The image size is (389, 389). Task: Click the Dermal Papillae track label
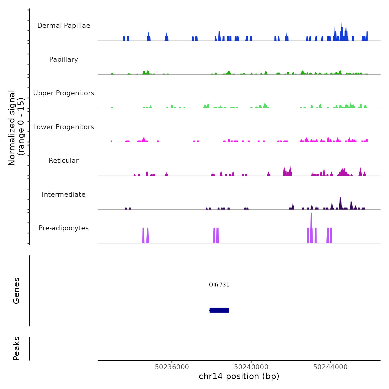pos(64,26)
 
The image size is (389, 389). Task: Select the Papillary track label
pos(64,59)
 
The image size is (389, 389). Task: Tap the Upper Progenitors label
pos(64,93)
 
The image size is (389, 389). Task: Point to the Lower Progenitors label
pos(64,127)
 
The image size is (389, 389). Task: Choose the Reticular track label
pos(64,161)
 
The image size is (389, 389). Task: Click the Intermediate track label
pos(64,194)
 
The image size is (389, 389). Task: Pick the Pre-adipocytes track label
pos(64,228)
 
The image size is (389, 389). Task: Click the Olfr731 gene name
pos(219,285)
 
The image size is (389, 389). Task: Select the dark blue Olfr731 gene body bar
pos(219,310)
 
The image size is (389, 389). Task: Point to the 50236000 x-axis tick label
pos(172,367)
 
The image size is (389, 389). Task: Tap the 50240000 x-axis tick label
pos(251,367)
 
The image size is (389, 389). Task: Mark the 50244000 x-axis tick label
pos(330,367)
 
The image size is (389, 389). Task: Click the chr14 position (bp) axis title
pos(239,376)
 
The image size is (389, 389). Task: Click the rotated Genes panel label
pos(16,291)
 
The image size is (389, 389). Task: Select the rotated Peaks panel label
pos(16,348)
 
